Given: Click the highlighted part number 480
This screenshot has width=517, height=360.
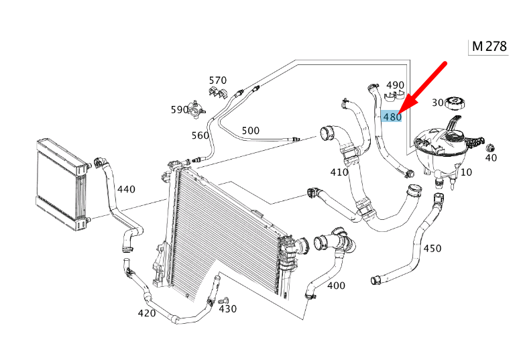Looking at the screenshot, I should (392, 117).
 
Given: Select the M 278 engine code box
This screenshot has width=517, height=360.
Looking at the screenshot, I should (489, 46).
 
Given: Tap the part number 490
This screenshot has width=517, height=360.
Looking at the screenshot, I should (395, 85).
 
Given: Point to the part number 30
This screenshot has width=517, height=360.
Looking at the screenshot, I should (437, 103).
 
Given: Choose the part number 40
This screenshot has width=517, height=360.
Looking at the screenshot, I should (491, 158).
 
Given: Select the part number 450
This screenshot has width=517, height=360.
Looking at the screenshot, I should (433, 248).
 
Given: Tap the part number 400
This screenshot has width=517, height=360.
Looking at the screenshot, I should (336, 286).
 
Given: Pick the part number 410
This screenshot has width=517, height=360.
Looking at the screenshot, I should (339, 172).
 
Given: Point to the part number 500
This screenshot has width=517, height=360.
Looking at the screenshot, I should (250, 130).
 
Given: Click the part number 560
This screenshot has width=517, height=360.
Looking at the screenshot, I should (200, 135).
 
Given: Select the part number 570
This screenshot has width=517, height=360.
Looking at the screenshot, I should (218, 80).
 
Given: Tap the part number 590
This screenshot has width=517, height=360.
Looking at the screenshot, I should (180, 109).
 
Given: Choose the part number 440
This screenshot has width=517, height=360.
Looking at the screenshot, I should (126, 189).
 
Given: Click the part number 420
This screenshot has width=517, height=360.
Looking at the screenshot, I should (147, 313).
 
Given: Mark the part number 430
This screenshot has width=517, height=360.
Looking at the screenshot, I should (228, 308).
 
